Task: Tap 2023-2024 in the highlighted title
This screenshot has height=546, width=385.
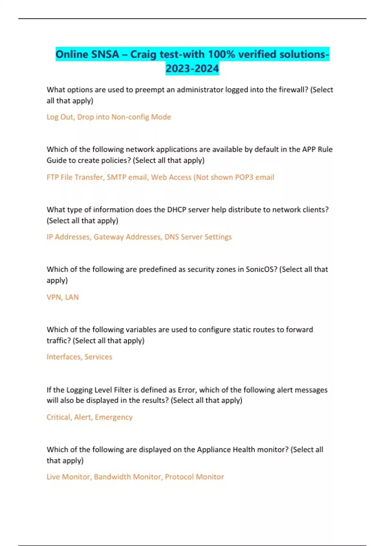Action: pos(192,68)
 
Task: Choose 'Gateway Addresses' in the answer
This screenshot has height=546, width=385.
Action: pos(127,237)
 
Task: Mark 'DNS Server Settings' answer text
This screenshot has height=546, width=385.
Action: pos(198,237)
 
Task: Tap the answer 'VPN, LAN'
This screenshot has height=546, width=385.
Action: pos(63,297)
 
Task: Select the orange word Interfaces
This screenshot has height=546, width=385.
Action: pos(64,357)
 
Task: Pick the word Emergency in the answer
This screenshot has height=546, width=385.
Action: pos(114,417)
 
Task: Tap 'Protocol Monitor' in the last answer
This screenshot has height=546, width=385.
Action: pos(194,477)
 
